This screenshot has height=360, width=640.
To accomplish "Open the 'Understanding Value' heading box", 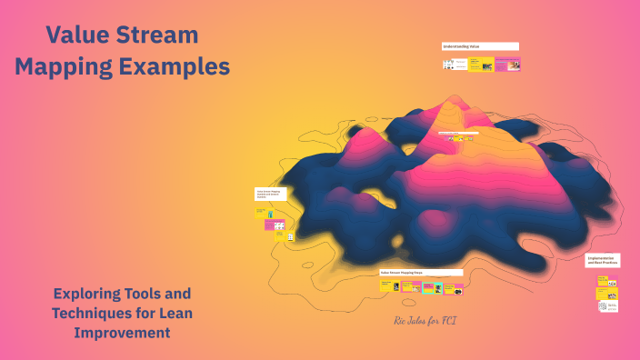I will pyautogui.click(x=479, y=45).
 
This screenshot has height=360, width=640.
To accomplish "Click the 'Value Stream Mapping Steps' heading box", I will pyautogui.click(x=421, y=272).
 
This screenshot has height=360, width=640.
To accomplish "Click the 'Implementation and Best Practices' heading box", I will pyautogui.click(x=602, y=260).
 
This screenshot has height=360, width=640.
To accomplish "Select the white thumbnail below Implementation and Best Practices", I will pyautogui.click(x=606, y=307).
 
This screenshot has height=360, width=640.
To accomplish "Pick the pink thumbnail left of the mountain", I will pyautogui.click(x=274, y=225).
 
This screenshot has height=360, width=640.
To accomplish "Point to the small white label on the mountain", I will pyautogui.click(x=452, y=133).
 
